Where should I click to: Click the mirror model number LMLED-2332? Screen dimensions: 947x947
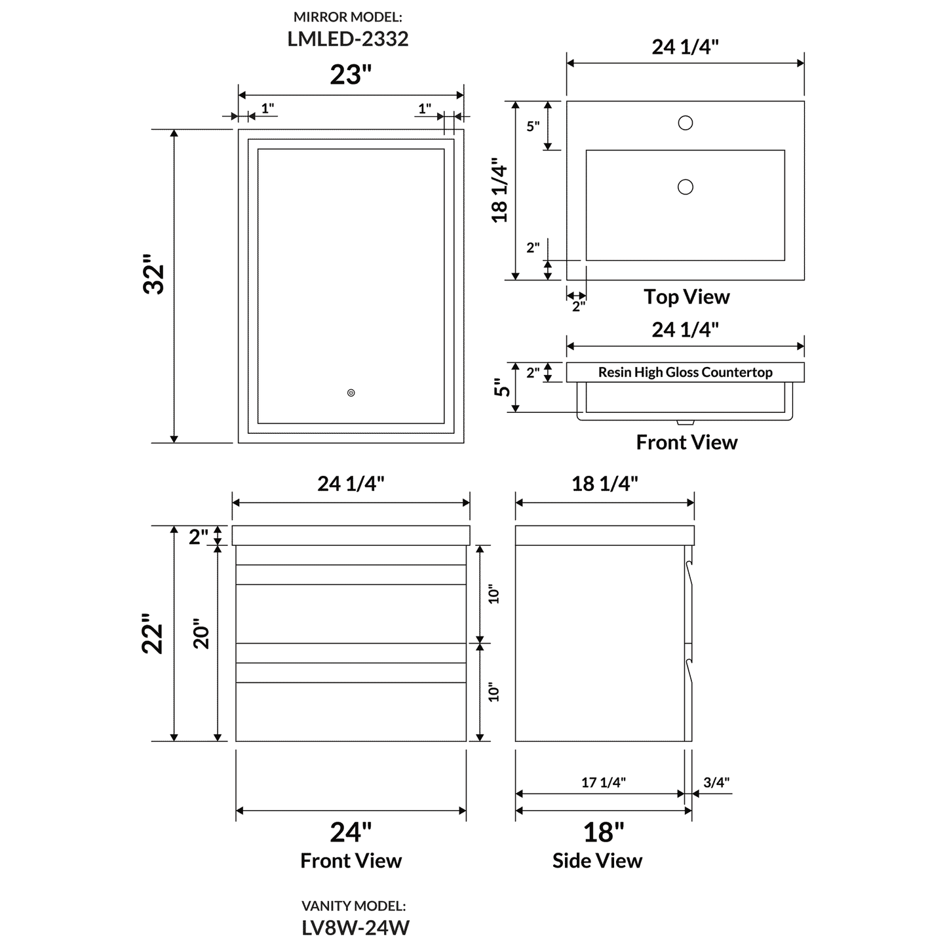(x=348, y=39)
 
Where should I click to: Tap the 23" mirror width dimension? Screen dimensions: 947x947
(x=351, y=75)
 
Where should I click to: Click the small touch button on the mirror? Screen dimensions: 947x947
(x=351, y=393)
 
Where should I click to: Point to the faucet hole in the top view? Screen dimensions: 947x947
(x=686, y=123)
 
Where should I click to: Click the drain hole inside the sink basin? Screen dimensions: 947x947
(x=686, y=187)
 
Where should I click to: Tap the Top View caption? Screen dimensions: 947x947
(x=686, y=297)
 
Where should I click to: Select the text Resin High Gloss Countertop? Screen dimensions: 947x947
(x=685, y=372)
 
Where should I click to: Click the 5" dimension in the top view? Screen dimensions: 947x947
(x=533, y=126)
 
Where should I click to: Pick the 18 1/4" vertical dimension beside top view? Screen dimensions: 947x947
(x=500, y=190)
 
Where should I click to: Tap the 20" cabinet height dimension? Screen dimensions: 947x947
(x=201, y=634)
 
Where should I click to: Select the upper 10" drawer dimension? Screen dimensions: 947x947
(x=494, y=594)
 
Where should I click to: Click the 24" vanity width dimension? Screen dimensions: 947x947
(x=351, y=832)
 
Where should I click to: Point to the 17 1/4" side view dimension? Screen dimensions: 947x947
(x=604, y=782)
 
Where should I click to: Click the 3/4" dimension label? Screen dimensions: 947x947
(x=716, y=782)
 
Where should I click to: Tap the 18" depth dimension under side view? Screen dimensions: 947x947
(x=604, y=832)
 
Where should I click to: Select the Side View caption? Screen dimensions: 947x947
(x=597, y=860)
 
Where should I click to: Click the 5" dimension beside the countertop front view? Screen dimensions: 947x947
(x=503, y=387)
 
